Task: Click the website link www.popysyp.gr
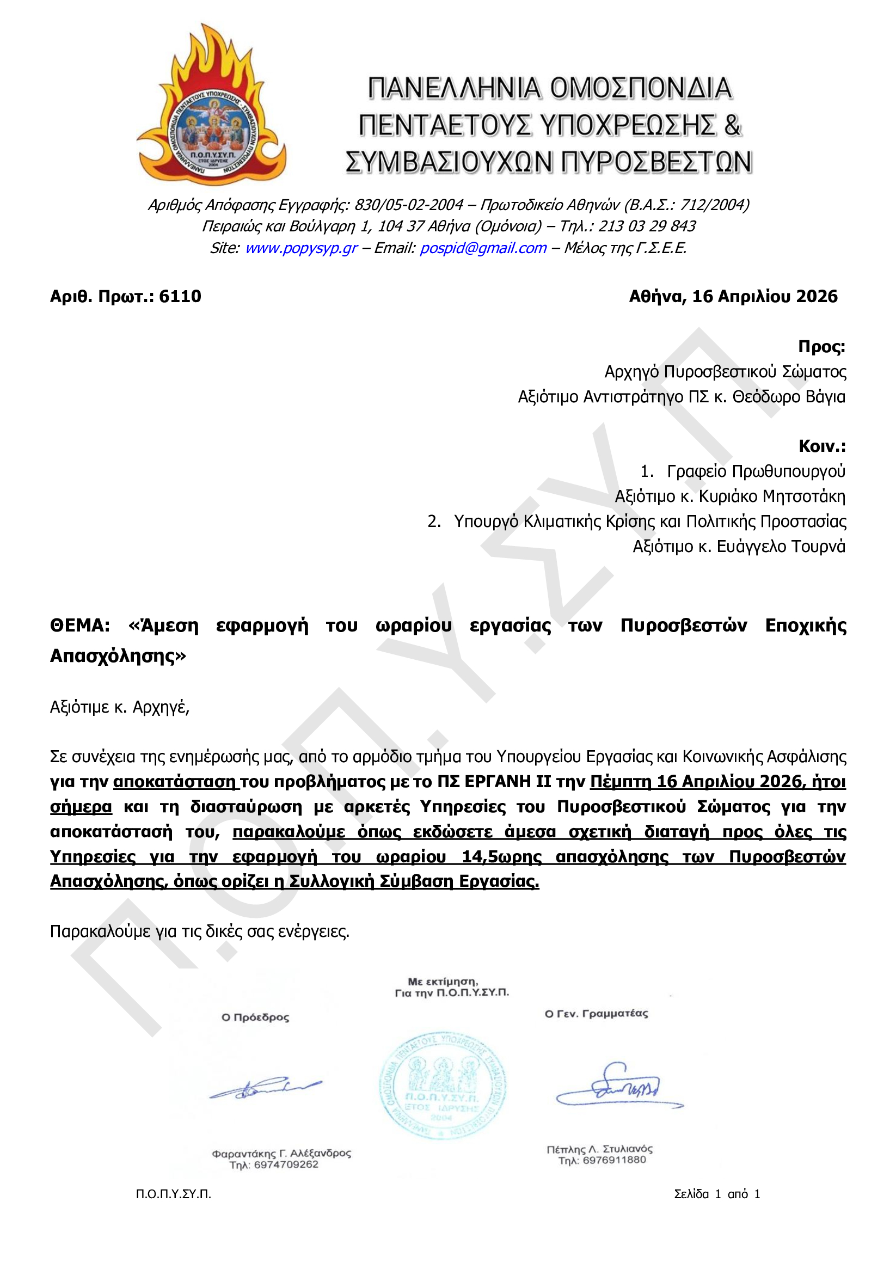point(301,248)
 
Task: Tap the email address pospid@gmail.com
point(483,248)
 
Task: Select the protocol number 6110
point(180,297)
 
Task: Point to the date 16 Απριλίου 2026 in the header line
point(764,297)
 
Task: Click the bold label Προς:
point(821,347)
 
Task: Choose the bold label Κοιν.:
point(821,446)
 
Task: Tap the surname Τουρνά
point(818,546)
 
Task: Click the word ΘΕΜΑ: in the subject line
point(79,626)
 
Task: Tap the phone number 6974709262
point(286,1165)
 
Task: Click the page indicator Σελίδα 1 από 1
point(717,1194)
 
